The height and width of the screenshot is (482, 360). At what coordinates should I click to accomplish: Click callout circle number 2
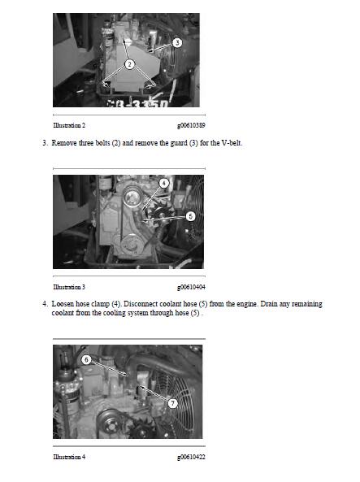(129, 64)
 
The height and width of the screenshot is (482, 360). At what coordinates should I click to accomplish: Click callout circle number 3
(177, 42)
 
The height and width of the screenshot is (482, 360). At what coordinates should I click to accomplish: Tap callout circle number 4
(164, 184)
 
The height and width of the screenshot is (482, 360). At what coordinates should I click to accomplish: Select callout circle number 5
(191, 216)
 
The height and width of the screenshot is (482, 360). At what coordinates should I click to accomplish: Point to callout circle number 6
(86, 359)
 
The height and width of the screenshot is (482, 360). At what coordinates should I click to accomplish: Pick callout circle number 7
(173, 403)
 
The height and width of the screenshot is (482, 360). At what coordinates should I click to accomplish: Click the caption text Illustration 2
(69, 125)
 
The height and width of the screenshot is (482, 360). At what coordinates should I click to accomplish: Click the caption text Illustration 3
(69, 287)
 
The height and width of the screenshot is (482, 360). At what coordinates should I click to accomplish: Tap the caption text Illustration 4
(69, 457)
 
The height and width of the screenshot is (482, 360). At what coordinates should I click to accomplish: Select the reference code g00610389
(191, 125)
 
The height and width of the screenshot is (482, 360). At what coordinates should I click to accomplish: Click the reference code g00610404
(191, 287)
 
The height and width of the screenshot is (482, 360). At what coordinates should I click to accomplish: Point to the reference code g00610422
(191, 457)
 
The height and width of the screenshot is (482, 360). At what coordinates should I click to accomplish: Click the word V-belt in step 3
(232, 143)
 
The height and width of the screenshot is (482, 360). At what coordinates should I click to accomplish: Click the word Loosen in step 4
(63, 304)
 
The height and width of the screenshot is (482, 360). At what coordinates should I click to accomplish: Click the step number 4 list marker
(46, 304)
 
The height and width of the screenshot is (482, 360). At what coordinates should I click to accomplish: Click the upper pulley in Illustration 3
(132, 197)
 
